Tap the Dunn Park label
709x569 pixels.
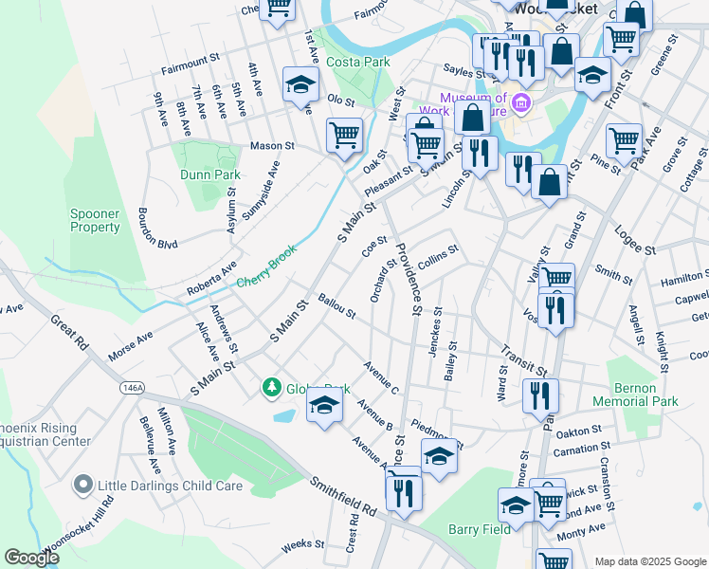pos(210,174)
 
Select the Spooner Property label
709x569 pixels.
pos(95,220)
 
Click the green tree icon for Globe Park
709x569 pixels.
pos(272,388)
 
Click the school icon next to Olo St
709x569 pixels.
pos(300,85)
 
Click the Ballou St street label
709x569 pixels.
pos(336,306)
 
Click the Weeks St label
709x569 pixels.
pos(303,544)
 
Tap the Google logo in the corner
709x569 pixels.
pos(33,558)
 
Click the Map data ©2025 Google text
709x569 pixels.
pos(649,561)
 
